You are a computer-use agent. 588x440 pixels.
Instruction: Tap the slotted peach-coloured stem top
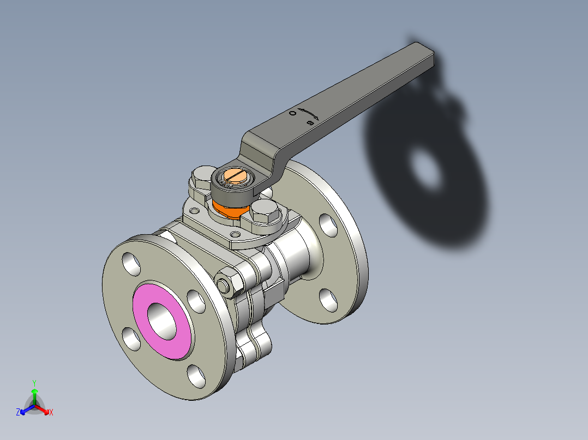(x=236, y=176)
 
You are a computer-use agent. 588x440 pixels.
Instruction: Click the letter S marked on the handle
(x=310, y=123)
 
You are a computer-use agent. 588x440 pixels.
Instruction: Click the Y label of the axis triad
(x=34, y=382)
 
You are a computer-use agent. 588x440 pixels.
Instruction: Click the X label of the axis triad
(x=51, y=413)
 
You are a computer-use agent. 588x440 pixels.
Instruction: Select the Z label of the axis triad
(x=18, y=413)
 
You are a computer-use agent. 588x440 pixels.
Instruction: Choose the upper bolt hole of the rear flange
(x=328, y=225)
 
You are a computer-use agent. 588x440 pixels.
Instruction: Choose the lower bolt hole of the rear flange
(x=328, y=300)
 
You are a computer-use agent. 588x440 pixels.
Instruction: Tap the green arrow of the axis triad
(x=34, y=393)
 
